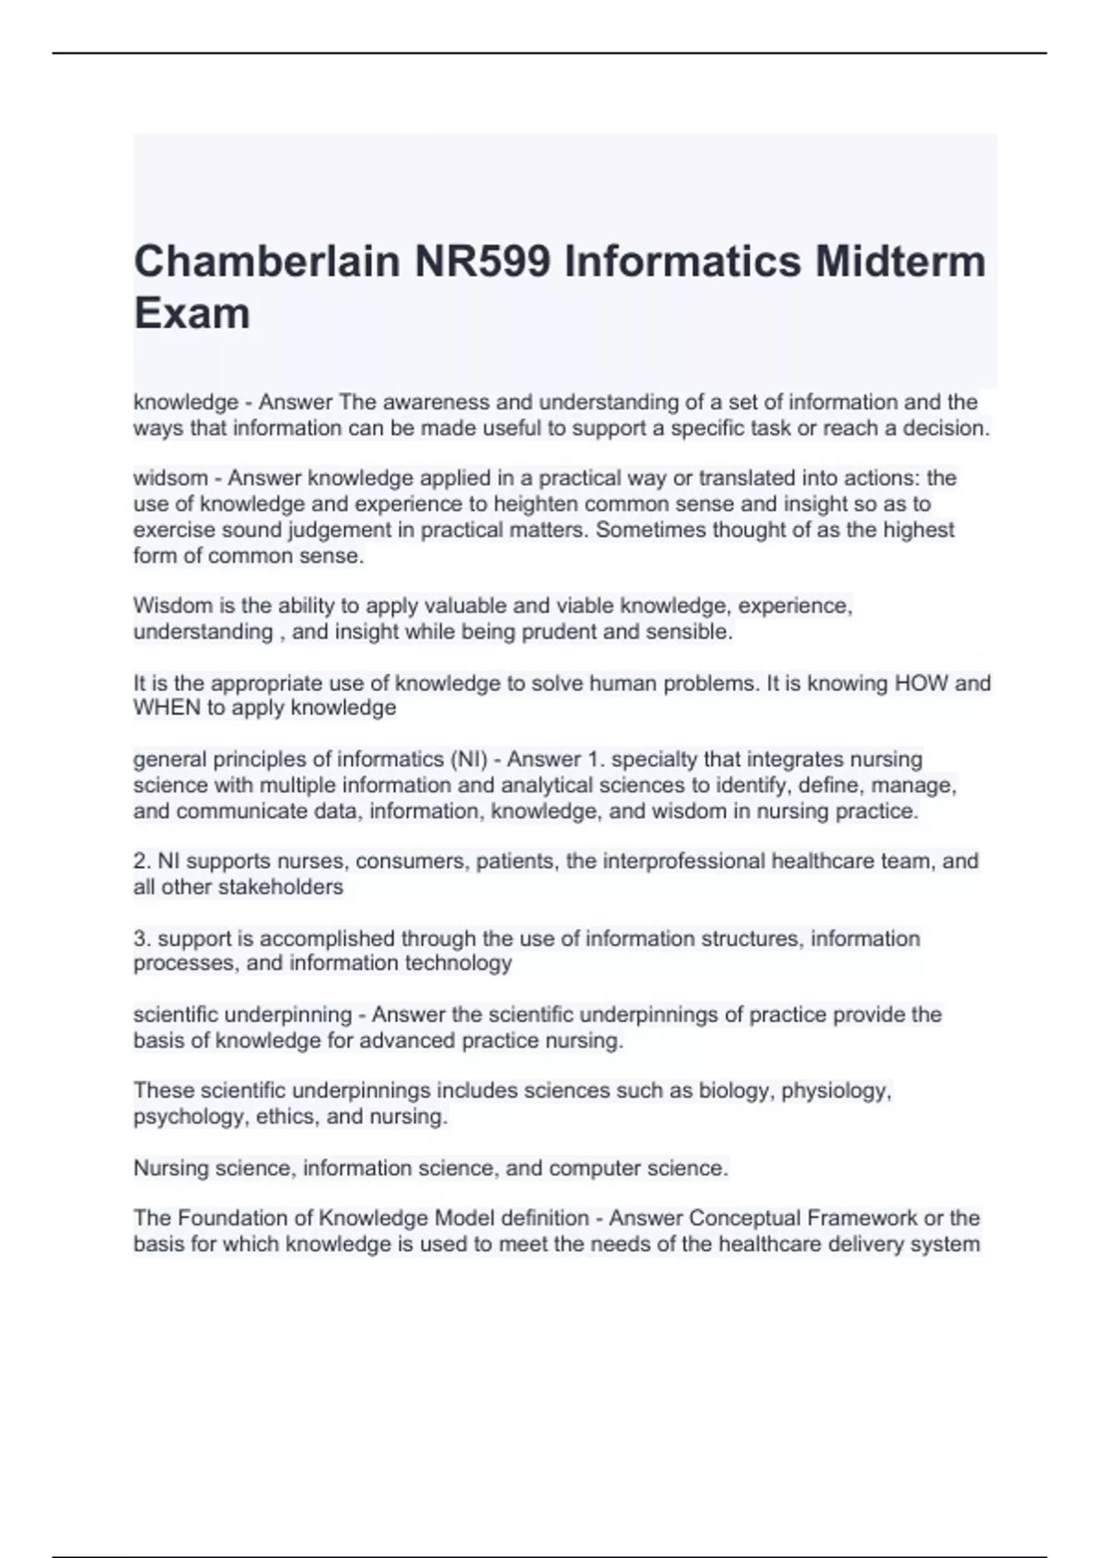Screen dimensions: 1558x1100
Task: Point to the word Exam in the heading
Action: pos(192,313)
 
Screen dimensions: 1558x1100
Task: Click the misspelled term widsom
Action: pos(170,477)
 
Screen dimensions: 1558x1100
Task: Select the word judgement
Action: pos(342,530)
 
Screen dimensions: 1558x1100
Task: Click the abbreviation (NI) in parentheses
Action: pos(468,759)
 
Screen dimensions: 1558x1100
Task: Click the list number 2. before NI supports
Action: pos(142,861)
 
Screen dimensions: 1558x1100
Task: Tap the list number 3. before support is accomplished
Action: pos(142,938)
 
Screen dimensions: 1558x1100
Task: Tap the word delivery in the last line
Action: pos(879,1244)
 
